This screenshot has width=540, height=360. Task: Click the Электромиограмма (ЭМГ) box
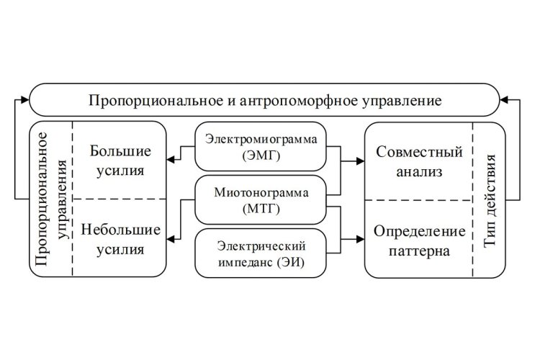click(x=261, y=146)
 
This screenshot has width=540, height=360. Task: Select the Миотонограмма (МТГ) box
click(x=261, y=200)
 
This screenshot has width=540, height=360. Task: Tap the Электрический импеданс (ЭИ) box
click(x=261, y=253)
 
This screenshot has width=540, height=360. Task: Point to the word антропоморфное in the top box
click(x=298, y=101)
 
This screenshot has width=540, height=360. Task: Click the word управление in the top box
click(x=402, y=101)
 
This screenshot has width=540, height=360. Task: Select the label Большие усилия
click(x=120, y=161)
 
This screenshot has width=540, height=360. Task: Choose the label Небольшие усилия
click(x=120, y=240)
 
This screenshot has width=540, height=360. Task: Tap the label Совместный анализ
click(x=419, y=161)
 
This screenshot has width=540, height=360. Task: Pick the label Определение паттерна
click(x=419, y=240)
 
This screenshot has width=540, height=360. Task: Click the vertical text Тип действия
click(x=490, y=200)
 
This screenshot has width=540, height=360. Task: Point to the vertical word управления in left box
click(x=63, y=199)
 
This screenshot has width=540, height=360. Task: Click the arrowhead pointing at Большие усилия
click(x=171, y=160)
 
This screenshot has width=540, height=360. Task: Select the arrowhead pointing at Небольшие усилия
click(x=171, y=239)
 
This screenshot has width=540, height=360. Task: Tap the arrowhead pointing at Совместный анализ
click(x=360, y=161)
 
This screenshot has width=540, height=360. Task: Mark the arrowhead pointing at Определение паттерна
click(x=360, y=239)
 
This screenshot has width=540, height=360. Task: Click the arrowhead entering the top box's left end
click(x=25, y=99)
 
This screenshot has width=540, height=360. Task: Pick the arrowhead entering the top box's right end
click(x=504, y=100)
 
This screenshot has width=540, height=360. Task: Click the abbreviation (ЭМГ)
click(x=261, y=156)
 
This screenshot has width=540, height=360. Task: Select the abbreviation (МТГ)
click(x=261, y=209)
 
